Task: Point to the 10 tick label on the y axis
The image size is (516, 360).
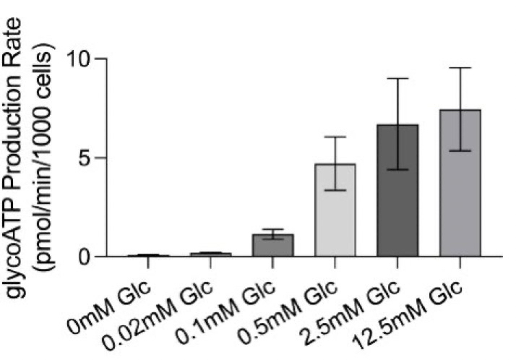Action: pyautogui.click(x=83, y=58)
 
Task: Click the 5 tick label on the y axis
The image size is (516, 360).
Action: pyautogui.click(x=90, y=158)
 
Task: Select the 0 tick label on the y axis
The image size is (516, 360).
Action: pyautogui.click(x=90, y=257)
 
